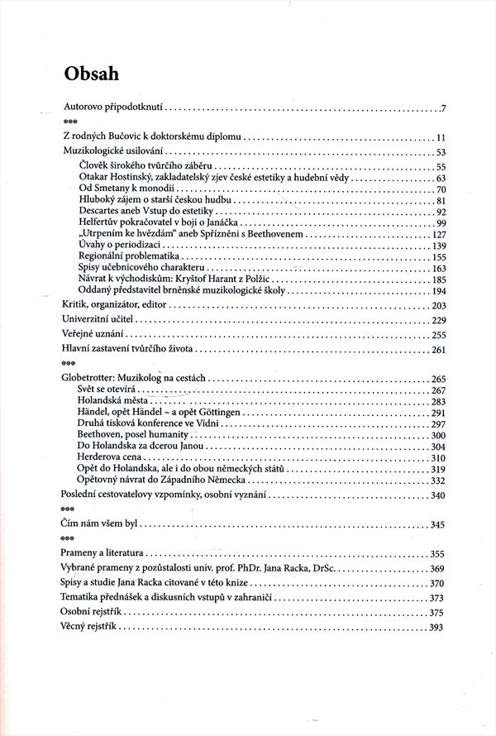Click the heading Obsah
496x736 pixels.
(x=93, y=73)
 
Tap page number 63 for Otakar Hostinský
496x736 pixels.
(x=441, y=178)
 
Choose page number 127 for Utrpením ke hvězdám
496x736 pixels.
(x=438, y=235)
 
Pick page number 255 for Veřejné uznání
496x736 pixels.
(x=438, y=334)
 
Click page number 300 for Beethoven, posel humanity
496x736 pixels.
(x=438, y=435)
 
